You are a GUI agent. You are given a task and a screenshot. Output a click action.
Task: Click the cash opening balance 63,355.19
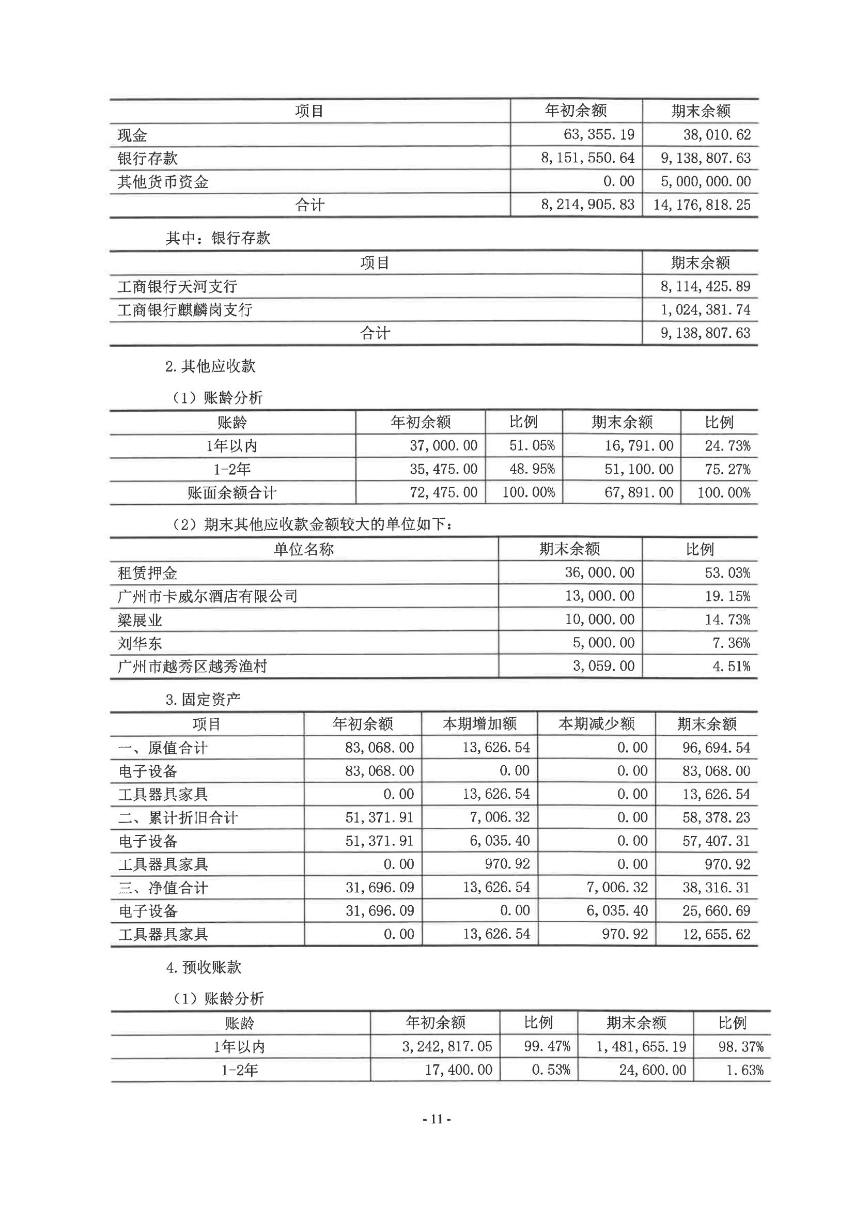point(599,135)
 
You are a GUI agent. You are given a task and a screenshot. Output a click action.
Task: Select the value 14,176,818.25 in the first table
point(702,205)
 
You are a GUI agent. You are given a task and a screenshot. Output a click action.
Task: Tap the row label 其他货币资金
point(163,182)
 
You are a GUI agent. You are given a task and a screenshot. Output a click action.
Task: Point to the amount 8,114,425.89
point(705,286)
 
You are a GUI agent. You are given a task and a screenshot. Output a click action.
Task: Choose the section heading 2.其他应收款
point(210,366)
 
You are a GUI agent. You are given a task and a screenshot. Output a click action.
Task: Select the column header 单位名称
point(304,549)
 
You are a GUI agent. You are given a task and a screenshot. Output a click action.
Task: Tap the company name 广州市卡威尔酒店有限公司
point(207,596)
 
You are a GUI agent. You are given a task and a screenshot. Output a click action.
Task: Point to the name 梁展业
point(140,620)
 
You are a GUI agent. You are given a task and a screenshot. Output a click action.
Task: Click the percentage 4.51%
point(731,667)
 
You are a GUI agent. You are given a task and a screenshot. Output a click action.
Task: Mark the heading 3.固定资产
point(203,699)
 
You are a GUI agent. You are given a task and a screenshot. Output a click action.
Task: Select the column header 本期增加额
point(479,724)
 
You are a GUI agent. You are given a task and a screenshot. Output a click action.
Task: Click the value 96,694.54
point(716,748)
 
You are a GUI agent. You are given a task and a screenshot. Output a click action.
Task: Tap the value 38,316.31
point(716,888)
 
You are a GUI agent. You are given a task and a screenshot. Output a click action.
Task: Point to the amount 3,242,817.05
point(447,1046)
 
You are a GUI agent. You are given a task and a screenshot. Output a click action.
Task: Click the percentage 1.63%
point(744,1070)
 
